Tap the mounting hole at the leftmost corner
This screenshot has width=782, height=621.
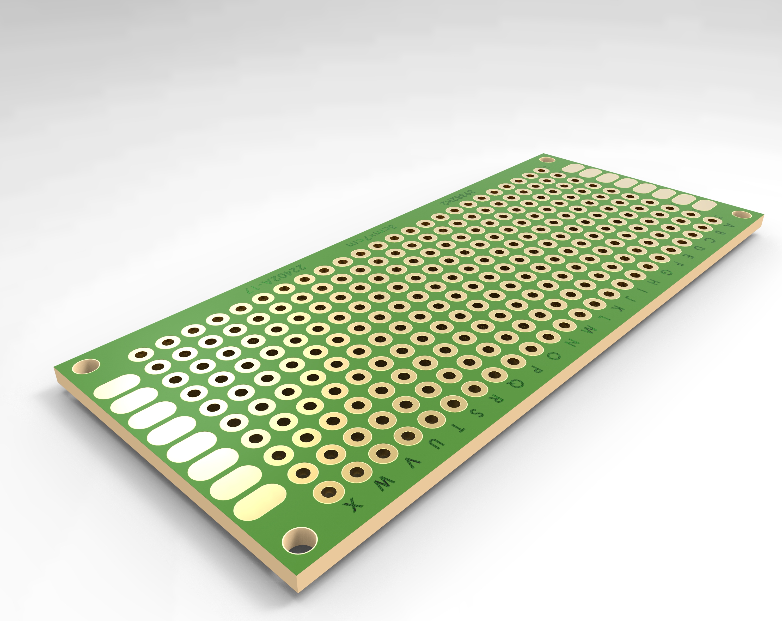(85, 366)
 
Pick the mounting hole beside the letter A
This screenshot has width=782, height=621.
(742, 215)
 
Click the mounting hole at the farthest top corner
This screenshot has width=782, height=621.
(547, 160)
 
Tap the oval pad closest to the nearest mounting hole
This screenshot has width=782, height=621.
(259, 502)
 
